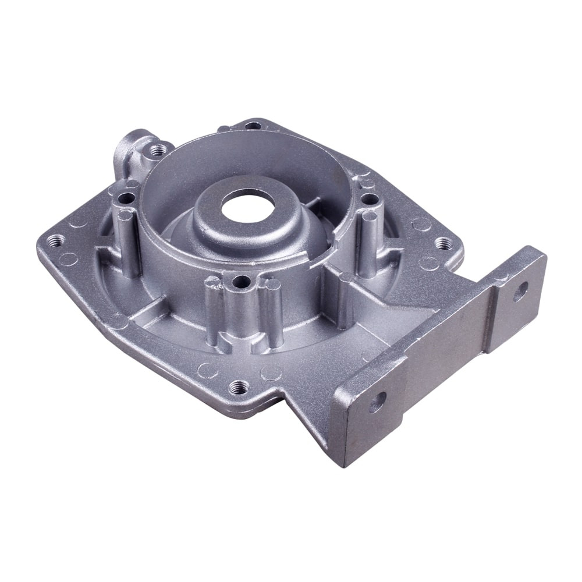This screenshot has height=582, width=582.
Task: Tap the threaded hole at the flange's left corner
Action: [56, 239]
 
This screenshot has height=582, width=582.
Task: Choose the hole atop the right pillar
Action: [368, 199]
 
